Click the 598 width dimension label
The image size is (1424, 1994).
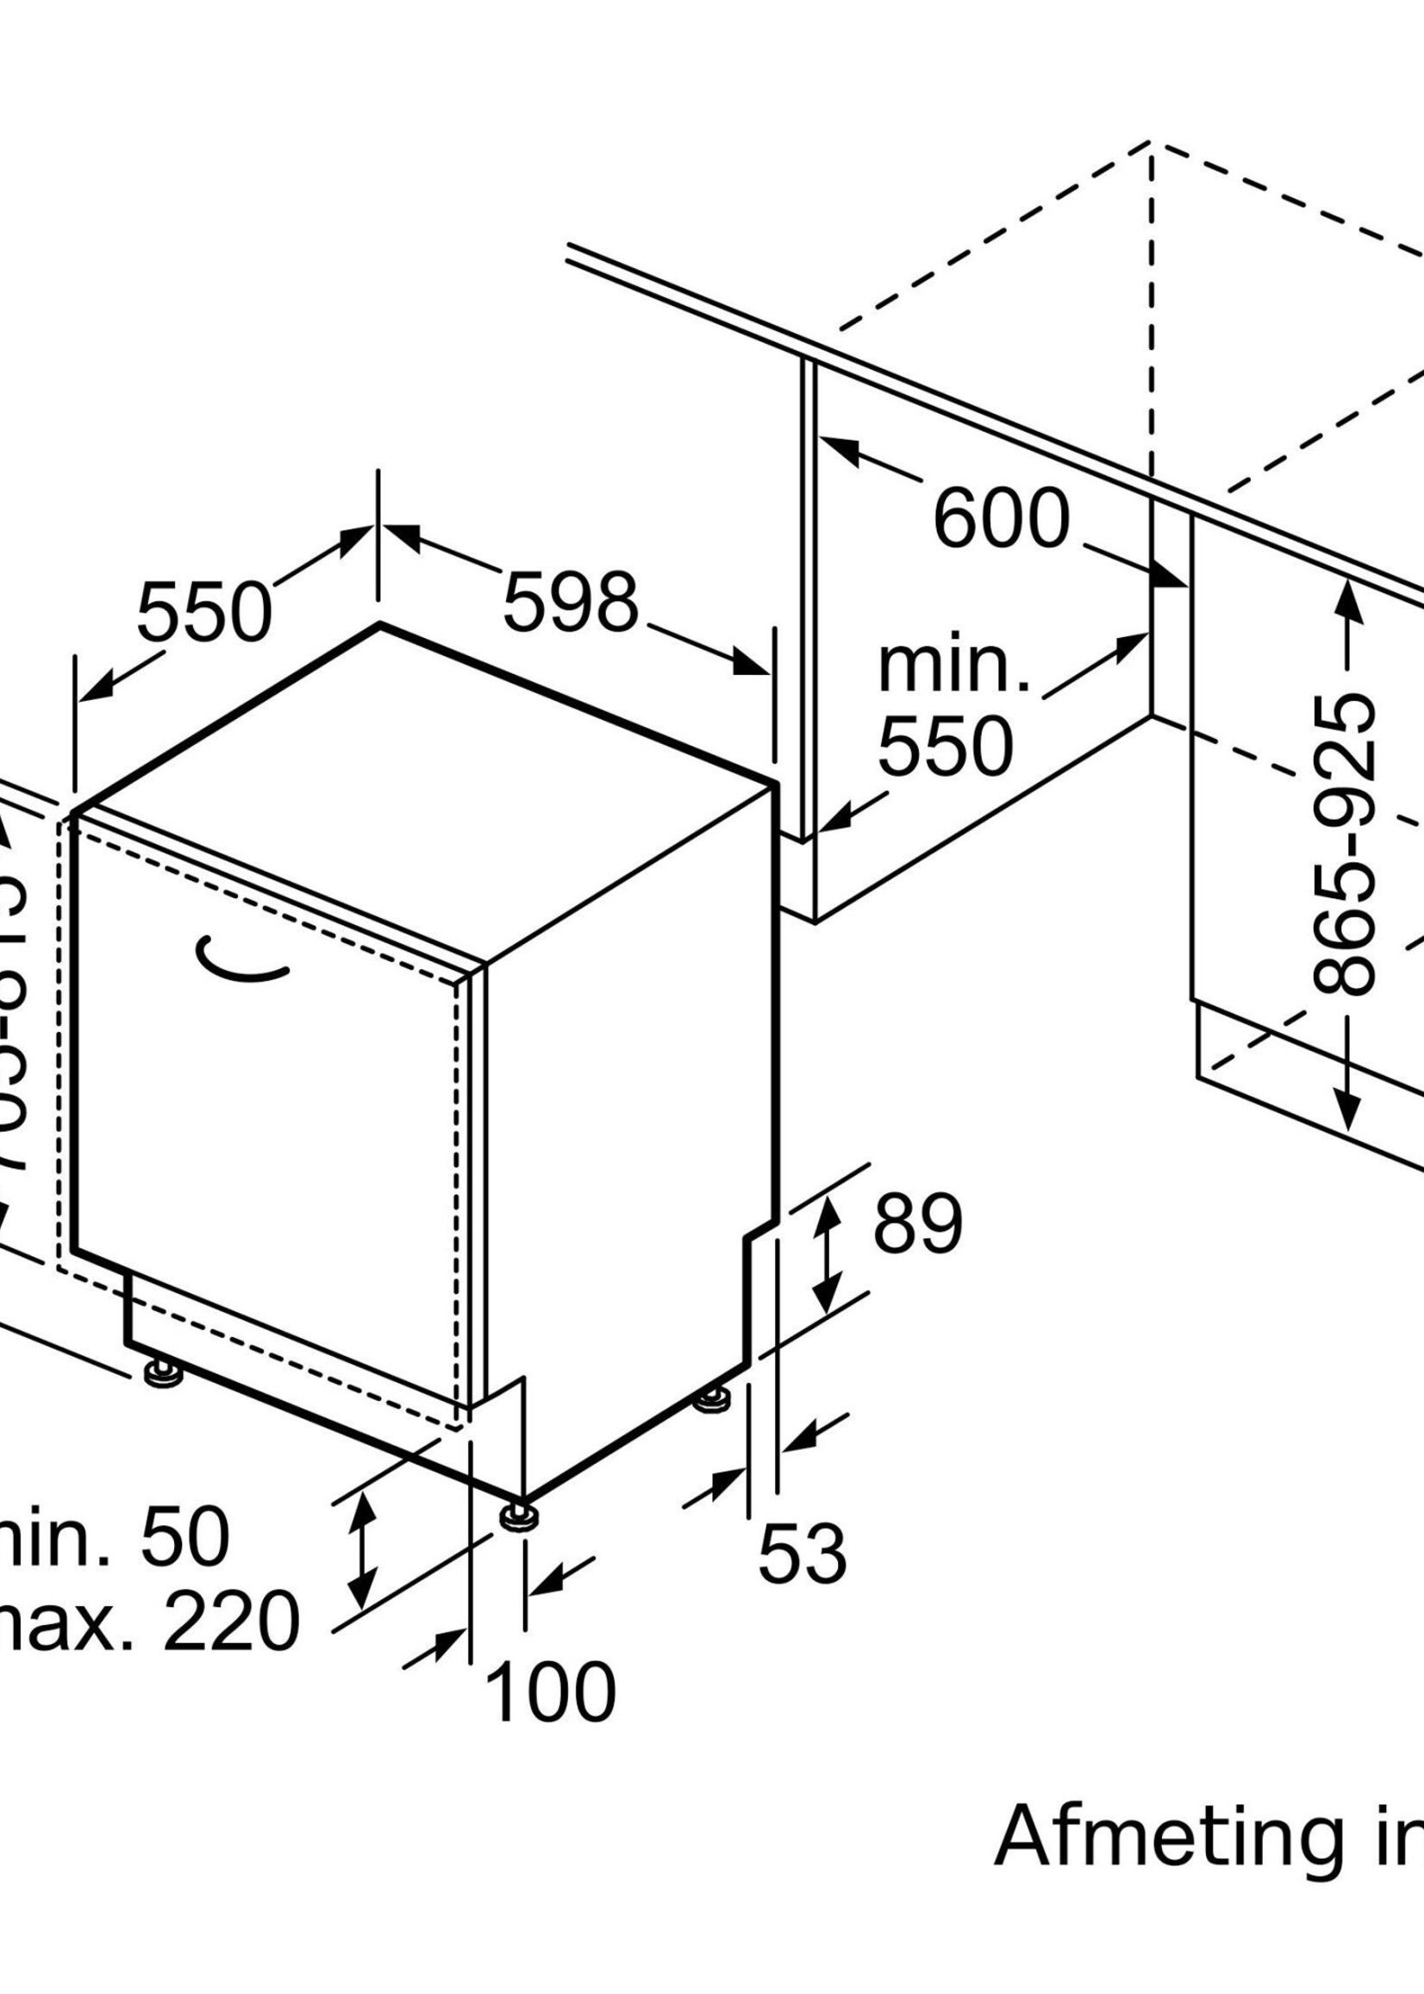pos(571,603)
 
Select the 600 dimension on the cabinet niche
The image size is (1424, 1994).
pos(1002,519)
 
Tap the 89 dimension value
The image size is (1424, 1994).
pos(917,1223)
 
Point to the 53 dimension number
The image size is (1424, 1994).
pos(803,1554)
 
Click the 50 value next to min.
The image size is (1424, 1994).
pos(184,1537)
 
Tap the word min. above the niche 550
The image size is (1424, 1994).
pos(953,668)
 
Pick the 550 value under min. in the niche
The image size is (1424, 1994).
pos(946,747)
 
